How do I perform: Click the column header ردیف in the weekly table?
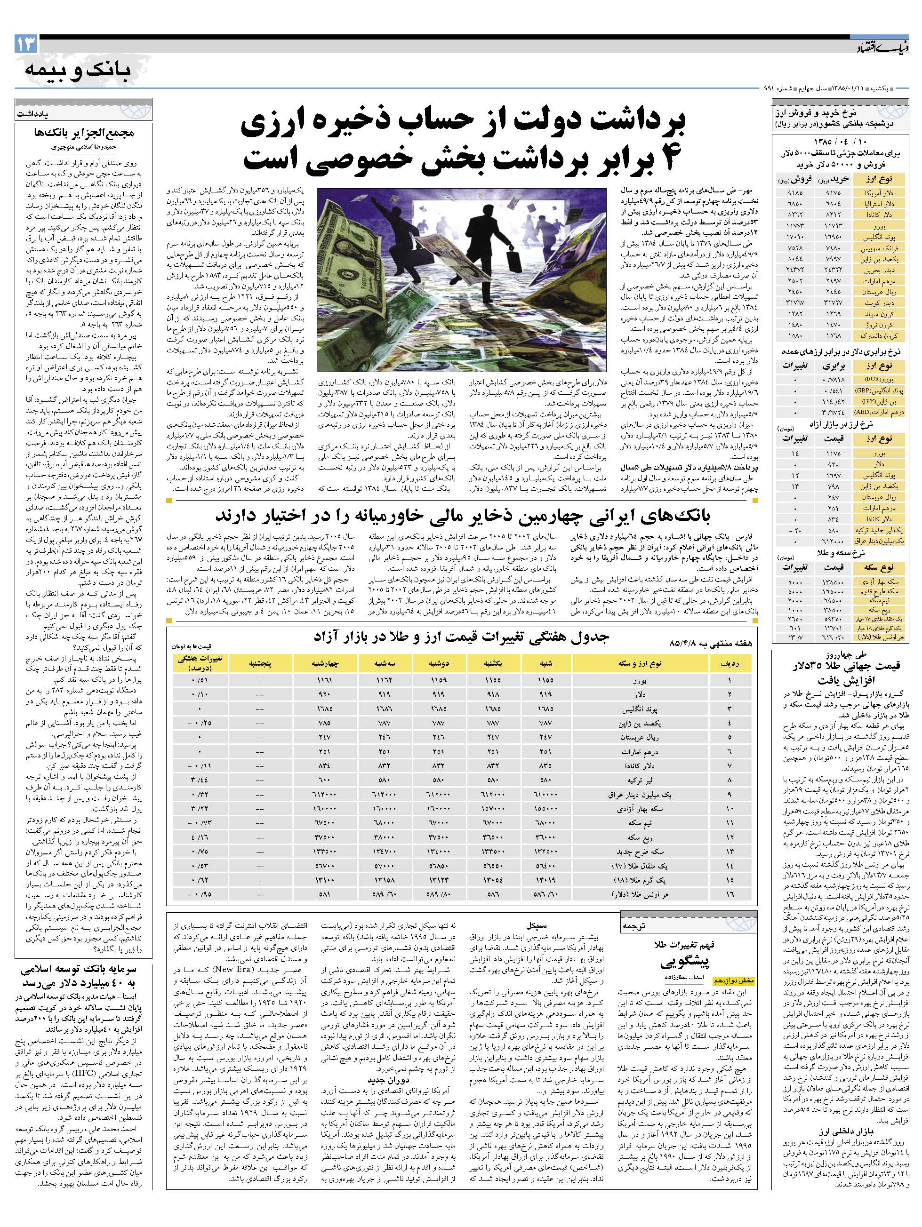click(x=729, y=663)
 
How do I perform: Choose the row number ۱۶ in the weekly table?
click(x=729, y=895)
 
